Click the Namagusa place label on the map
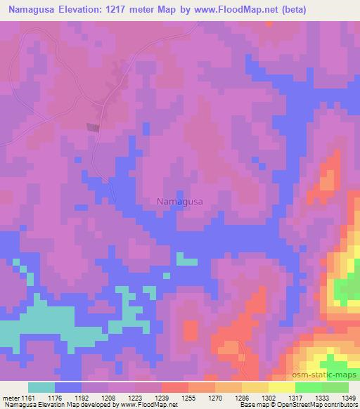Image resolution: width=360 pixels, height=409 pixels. point(179,201)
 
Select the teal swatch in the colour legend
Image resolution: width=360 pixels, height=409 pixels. point(41,387)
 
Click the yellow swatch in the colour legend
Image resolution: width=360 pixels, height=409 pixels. point(281,387)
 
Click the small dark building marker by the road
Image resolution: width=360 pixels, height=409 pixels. point(93,127)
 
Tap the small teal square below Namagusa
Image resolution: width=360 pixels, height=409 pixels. point(186,260)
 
